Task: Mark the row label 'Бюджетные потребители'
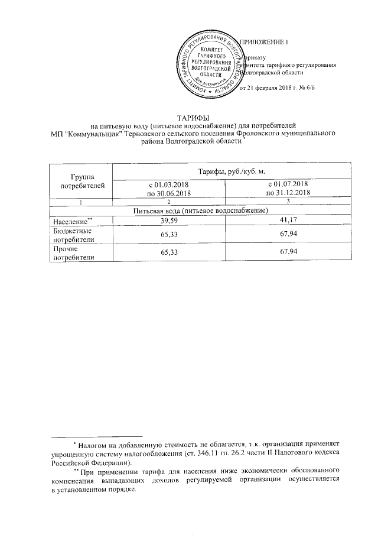(x=66, y=236)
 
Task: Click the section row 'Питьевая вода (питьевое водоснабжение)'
(x=201, y=210)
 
